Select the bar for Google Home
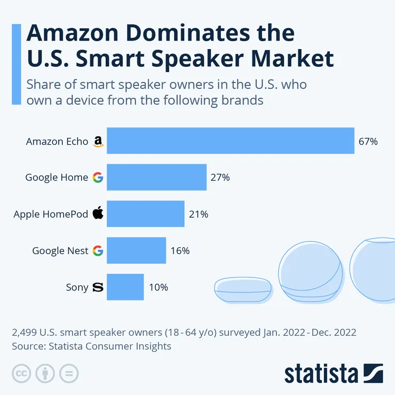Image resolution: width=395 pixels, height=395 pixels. pyautogui.click(x=156, y=177)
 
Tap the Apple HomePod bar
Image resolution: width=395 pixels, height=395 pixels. pyautogui.click(x=146, y=214)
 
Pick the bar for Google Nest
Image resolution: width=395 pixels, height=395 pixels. pyautogui.click(x=137, y=250)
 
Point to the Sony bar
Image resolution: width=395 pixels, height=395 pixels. pyautogui.click(x=125, y=287)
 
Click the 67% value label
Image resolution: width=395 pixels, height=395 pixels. pyautogui.click(x=368, y=141)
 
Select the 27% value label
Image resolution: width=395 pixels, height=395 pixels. pyautogui.click(x=220, y=178)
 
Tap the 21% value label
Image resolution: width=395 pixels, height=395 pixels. pyautogui.click(x=199, y=215)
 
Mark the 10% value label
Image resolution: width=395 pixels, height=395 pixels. pyautogui.click(x=159, y=287)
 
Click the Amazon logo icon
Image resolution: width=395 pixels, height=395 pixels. pyautogui.click(x=98, y=141)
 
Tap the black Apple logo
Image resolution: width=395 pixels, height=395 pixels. pyautogui.click(x=98, y=214)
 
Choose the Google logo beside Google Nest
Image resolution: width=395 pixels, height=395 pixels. pyautogui.click(x=98, y=250)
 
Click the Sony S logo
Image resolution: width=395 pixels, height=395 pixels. pyautogui.click(x=98, y=287)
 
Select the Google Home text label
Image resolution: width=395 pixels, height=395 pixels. pyautogui.click(x=57, y=178)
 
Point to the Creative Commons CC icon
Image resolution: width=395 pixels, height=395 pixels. pyautogui.click(x=21, y=373)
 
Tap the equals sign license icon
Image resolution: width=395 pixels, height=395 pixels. pyautogui.click(x=69, y=373)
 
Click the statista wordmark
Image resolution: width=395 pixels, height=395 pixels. pyautogui.click(x=320, y=373)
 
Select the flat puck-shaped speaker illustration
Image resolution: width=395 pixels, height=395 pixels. pyautogui.click(x=243, y=291)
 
